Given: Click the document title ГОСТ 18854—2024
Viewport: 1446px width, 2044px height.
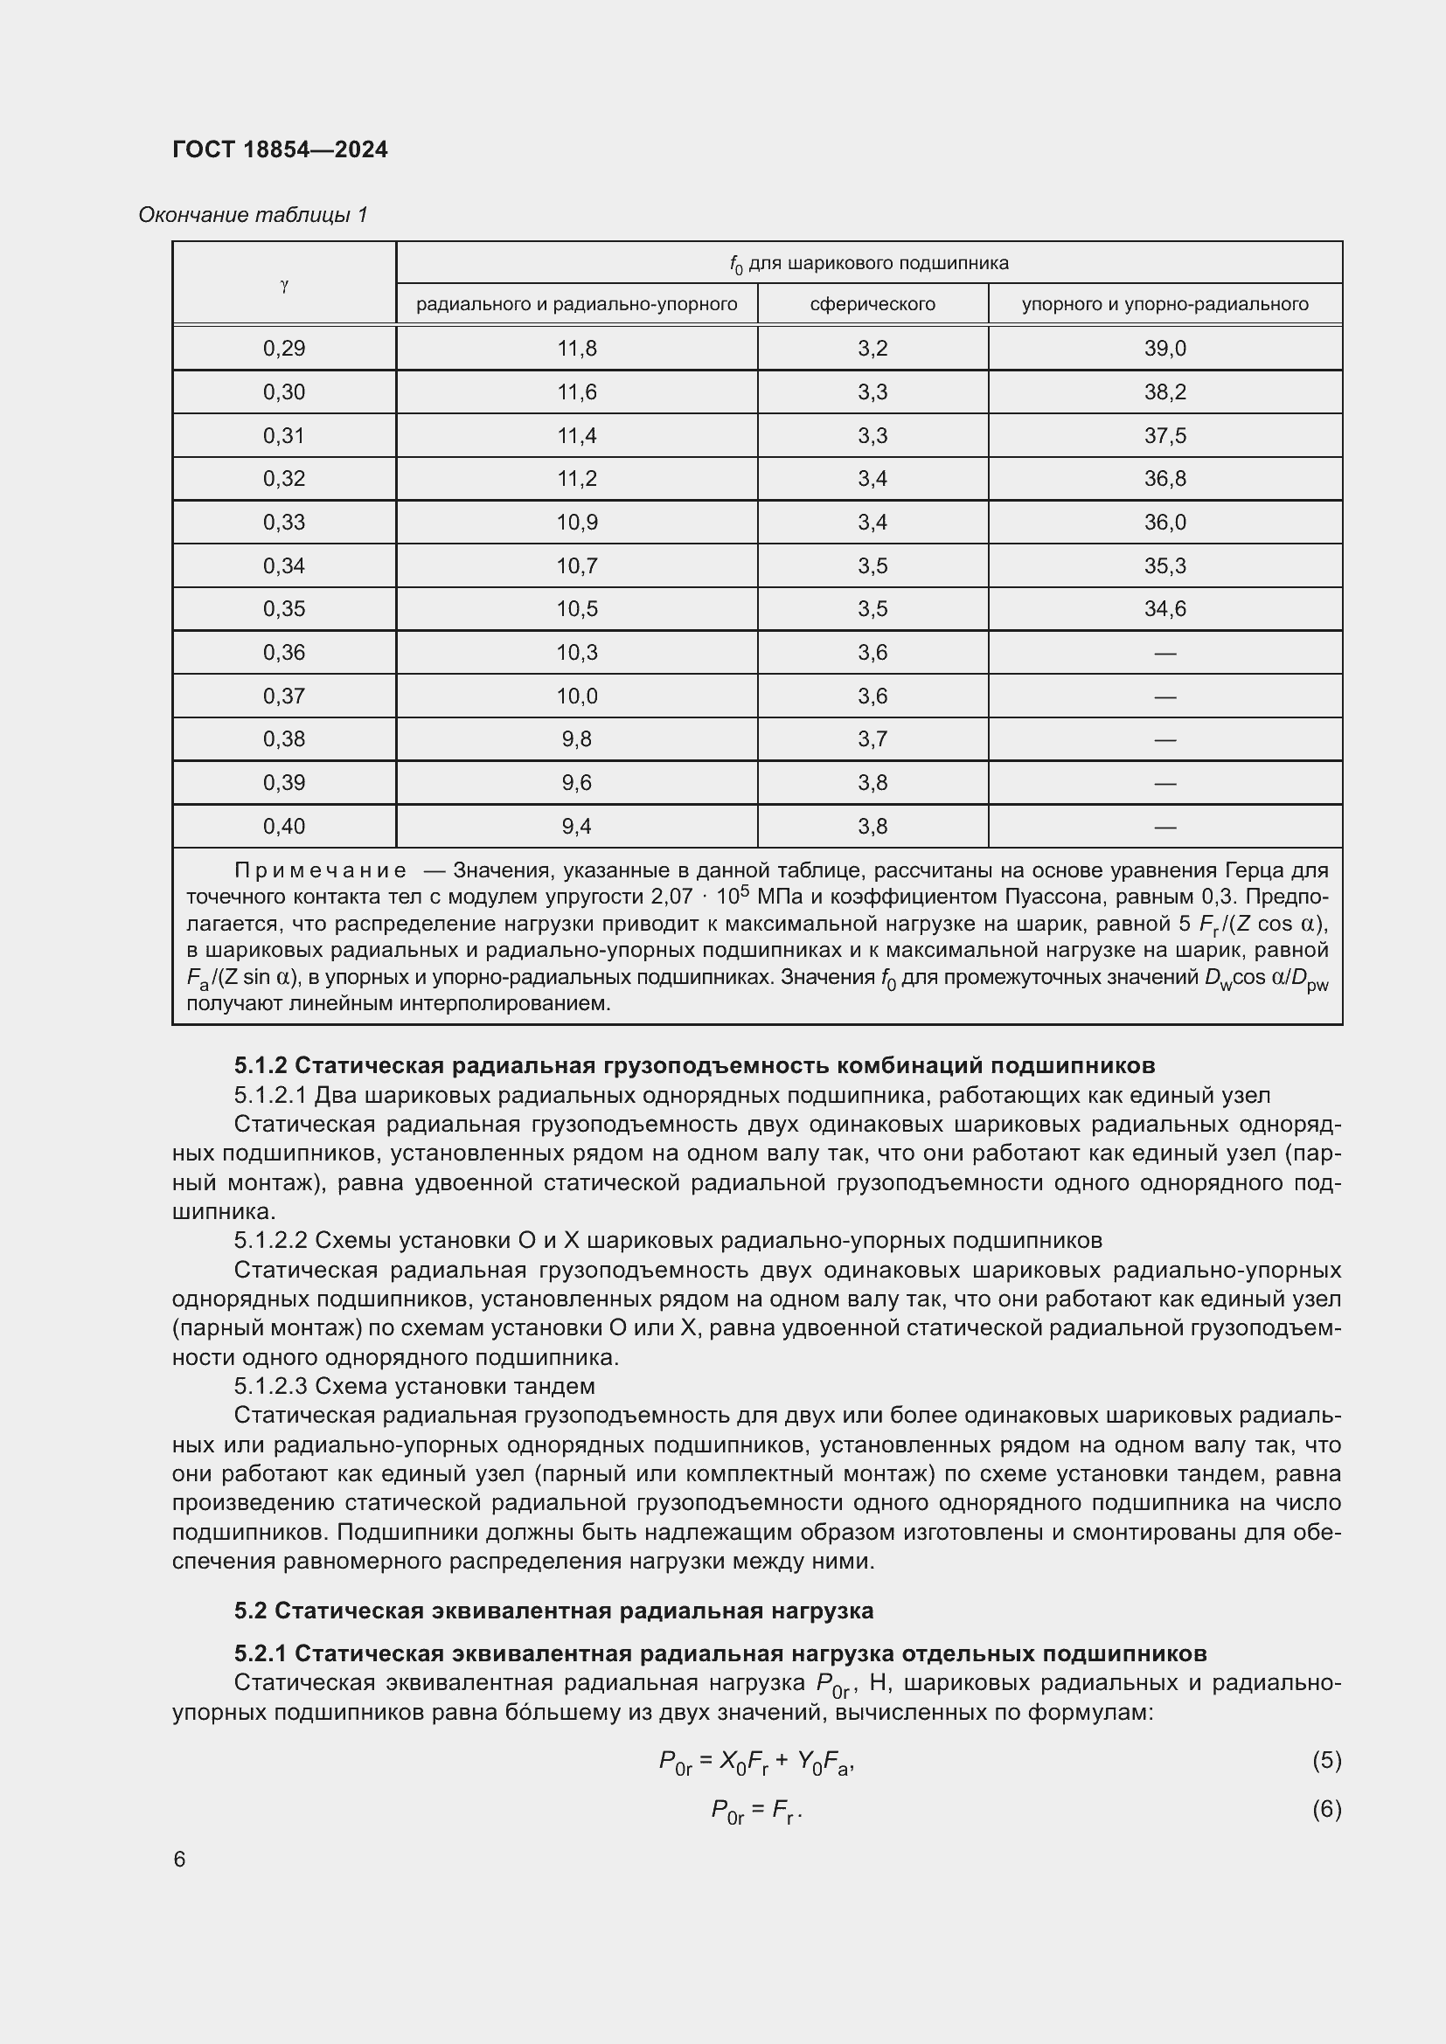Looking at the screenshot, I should [x=280, y=149].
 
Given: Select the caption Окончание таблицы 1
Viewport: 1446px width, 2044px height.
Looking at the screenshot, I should [x=253, y=215].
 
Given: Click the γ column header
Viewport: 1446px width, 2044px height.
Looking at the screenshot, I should [x=284, y=286].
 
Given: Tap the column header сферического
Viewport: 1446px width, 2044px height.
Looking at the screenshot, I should [x=872, y=304].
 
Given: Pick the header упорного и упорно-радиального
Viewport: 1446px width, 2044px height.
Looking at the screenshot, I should [x=1164, y=304].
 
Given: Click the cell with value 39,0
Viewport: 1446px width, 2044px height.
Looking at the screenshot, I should [x=1164, y=348].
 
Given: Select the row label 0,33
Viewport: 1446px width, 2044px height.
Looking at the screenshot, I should [x=284, y=523].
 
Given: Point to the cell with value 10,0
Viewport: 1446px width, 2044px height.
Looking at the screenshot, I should [x=577, y=696].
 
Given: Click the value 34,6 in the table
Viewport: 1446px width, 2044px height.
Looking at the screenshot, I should [x=1164, y=609].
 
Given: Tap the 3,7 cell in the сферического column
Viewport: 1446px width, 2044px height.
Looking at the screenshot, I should [x=872, y=739].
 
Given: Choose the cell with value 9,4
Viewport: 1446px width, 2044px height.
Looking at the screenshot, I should [x=577, y=826].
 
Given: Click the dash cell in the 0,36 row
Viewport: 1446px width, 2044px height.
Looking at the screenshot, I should [x=1164, y=654].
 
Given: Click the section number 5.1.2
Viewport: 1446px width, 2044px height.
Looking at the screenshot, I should [x=261, y=1065].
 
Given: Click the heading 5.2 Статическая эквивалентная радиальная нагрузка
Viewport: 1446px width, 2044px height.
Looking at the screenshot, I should [x=553, y=1611].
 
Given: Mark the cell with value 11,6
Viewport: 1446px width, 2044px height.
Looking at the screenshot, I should [x=577, y=391].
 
